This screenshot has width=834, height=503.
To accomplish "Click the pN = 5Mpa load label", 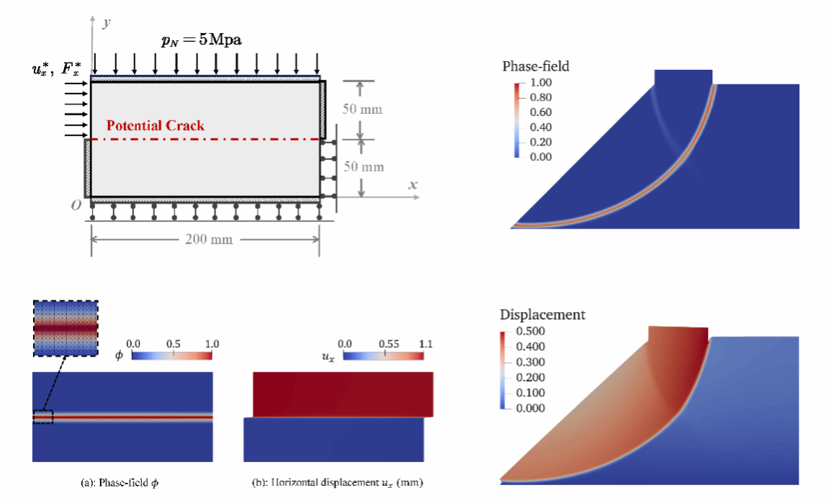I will (201, 40).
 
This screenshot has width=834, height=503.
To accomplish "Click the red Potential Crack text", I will (155, 125).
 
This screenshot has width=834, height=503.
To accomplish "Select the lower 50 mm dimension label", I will (363, 167).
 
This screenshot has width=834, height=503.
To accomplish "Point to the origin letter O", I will (76, 205).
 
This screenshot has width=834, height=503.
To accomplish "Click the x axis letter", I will (413, 185).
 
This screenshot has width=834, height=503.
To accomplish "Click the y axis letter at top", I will (106, 24).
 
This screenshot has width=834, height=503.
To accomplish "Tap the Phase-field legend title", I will (535, 66).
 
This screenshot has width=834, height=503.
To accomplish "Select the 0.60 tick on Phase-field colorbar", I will (540, 112).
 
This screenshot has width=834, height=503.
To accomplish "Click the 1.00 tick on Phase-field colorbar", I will (540, 83).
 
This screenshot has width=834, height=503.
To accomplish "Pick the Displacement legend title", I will (542, 315).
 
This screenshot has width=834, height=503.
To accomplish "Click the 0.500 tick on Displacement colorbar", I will (530, 331).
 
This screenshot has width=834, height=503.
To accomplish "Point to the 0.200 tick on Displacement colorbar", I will (530, 377).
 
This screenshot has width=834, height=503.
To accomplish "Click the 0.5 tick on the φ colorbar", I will (172, 344).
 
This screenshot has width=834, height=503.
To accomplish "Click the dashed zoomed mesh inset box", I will (66, 327).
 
